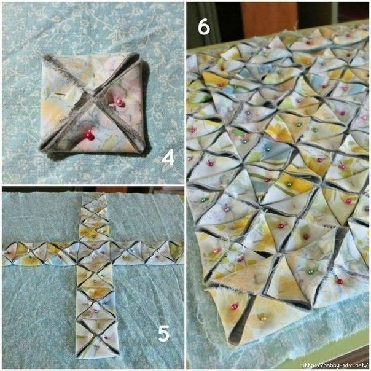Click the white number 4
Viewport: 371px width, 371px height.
168,158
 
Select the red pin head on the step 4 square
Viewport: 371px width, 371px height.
90,136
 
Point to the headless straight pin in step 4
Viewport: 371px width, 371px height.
61,94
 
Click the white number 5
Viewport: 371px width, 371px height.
164,333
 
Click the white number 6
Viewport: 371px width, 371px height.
204,27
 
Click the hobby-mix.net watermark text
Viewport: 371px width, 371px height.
334,365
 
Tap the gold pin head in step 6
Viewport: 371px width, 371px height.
263,318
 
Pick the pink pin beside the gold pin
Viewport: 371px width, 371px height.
234,307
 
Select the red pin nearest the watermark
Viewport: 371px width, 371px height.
340,281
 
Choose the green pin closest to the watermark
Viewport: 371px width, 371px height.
311,271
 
